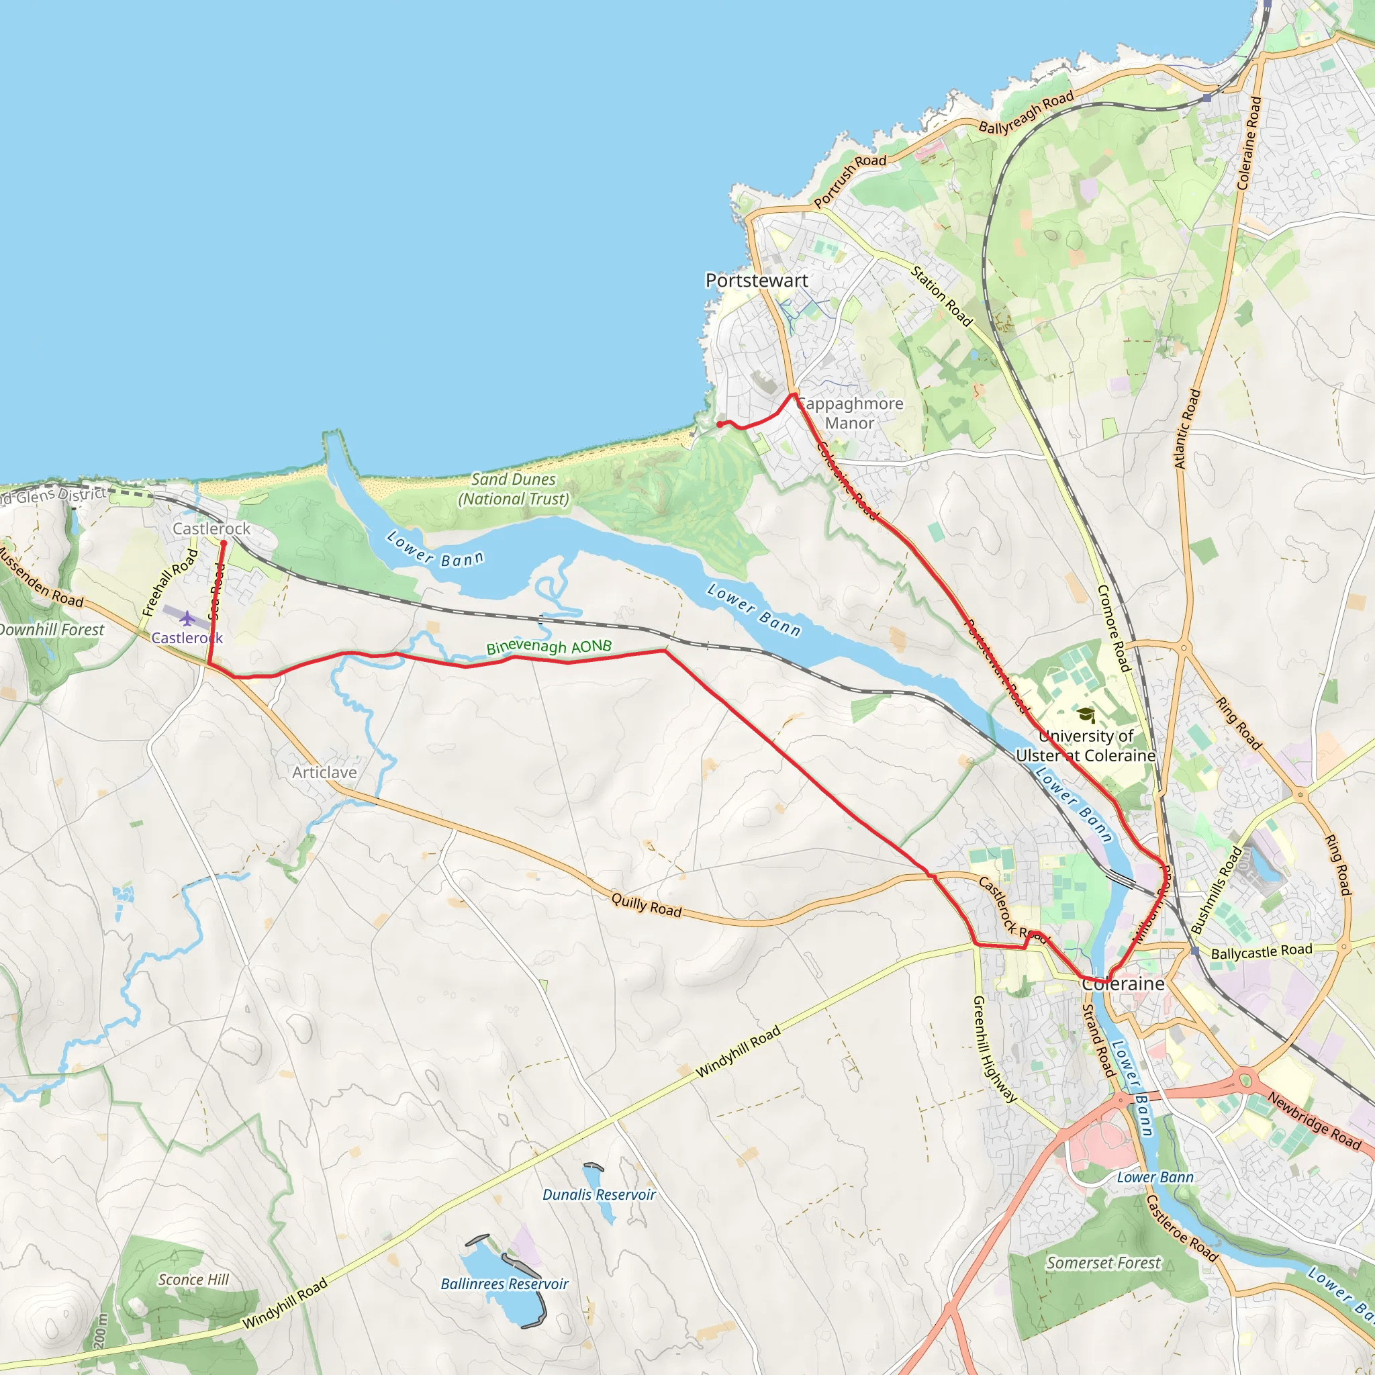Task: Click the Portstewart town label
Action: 757,281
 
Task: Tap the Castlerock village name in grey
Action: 211,529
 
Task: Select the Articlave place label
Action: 324,772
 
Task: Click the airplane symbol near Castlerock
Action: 187,618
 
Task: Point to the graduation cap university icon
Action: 1086,714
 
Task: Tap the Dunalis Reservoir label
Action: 598,1194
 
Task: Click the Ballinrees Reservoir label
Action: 504,1284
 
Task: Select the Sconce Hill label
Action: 193,1280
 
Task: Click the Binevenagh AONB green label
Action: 549,647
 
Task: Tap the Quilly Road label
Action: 647,905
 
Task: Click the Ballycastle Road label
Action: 1261,951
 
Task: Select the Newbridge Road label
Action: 1314,1122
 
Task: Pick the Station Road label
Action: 941,296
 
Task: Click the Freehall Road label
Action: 169,582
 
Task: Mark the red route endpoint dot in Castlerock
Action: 224,543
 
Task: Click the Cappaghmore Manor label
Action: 849,414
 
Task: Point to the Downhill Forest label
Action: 51,630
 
